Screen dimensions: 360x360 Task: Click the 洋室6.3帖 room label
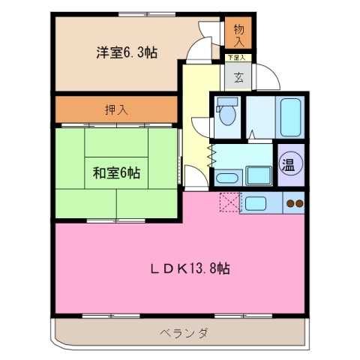pos(125,52)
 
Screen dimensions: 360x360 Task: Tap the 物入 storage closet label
pos(238,32)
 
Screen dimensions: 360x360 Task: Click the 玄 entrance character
pos(238,76)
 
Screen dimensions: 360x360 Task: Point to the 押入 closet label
pos(115,109)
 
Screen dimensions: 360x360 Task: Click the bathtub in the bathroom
pos(289,114)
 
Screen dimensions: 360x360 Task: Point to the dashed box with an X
pos(229,202)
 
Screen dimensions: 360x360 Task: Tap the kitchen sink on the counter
pos(253,202)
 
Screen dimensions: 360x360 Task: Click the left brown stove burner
pos(289,202)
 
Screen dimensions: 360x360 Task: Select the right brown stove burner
pos(298,202)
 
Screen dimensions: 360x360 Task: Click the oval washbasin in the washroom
pos(227,178)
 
